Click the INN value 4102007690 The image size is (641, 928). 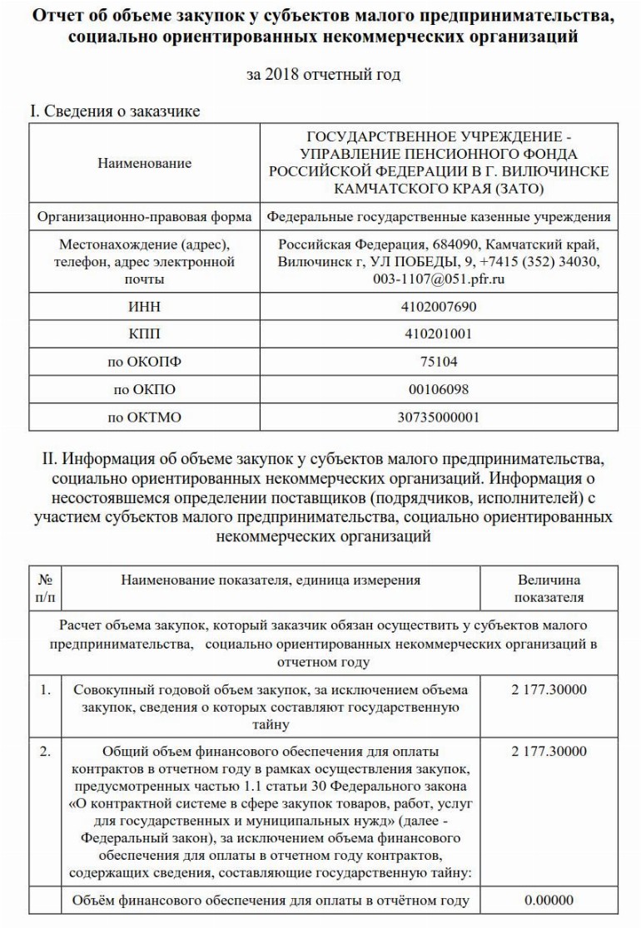point(439,307)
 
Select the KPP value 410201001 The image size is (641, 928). point(439,334)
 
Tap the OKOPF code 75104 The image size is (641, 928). point(439,362)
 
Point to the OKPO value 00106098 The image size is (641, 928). point(439,389)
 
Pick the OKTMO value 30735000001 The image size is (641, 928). point(439,417)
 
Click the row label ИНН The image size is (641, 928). point(144,307)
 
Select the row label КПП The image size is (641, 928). point(144,334)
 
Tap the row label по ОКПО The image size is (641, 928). point(144,389)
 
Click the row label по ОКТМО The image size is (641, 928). point(144,417)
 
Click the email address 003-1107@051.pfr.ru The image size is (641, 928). point(439,279)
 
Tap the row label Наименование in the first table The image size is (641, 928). point(144,163)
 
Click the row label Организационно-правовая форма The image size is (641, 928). point(144,217)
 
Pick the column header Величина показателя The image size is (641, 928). point(549,589)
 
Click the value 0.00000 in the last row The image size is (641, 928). point(549,901)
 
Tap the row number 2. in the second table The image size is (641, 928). point(45,752)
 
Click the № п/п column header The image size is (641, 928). point(45,589)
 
